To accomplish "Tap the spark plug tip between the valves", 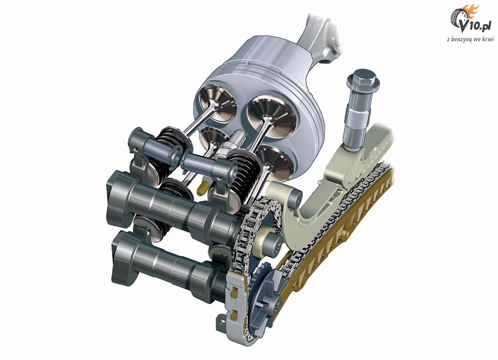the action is pyautogui.click(x=237, y=137).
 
